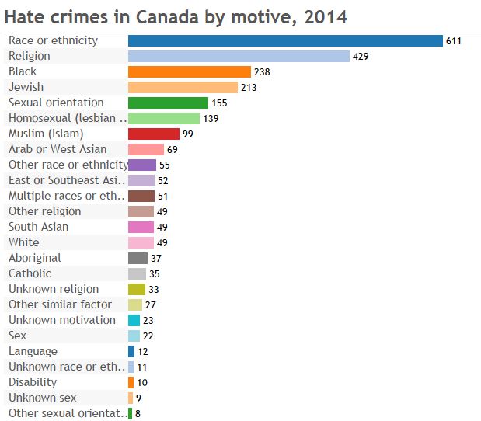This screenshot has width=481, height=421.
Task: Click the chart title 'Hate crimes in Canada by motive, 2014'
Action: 176,16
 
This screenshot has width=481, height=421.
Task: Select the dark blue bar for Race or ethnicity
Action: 285,40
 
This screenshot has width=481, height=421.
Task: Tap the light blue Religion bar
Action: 239,56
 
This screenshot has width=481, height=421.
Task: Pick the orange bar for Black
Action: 189,71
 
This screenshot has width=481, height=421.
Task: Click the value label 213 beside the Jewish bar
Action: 248,87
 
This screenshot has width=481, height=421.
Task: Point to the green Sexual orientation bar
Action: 168,103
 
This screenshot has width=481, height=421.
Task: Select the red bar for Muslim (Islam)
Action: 154,134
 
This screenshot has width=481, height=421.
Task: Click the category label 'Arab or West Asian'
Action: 58,149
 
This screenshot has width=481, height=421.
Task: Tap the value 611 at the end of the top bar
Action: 454,40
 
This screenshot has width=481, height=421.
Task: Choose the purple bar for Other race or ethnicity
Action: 142,165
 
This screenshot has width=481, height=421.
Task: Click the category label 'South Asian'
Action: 38,227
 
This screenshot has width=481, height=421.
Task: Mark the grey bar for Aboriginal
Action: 138,258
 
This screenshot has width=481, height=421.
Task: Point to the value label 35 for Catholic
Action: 155,273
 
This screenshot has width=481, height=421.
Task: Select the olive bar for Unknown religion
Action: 137,289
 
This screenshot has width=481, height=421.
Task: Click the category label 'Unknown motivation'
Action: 62,320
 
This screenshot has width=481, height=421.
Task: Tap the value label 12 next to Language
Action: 143,351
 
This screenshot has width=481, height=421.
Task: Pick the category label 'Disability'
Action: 33,382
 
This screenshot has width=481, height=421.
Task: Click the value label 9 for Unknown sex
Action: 138,398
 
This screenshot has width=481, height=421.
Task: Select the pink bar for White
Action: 141,242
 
